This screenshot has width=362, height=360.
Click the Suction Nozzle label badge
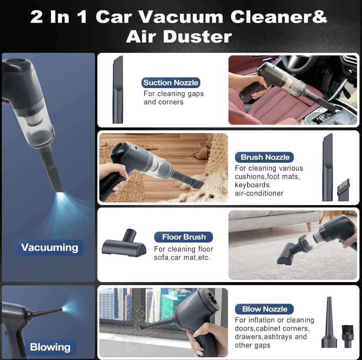(x=170, y=83)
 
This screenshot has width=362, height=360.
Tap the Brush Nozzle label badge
(x=264, y=157)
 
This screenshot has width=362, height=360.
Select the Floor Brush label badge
(x=184, y=237)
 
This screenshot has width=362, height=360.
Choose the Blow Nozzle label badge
(x=264, y=309)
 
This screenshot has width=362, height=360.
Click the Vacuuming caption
(x=49, y=247)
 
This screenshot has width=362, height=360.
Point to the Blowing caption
(x=50, y=347)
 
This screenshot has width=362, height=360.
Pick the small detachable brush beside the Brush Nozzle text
(x=343, y=190)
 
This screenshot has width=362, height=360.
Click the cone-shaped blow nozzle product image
(x=329, y=322)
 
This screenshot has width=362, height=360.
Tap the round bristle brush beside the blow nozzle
(x=347, y=336)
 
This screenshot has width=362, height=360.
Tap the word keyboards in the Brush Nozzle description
(x=253, y=185)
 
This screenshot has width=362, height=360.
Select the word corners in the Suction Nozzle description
(x=172, y=102)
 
